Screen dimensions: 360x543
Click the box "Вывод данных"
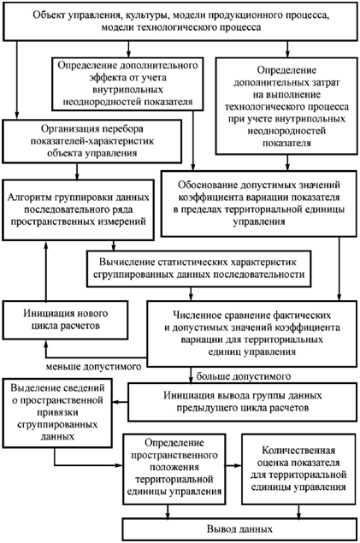[x=239, y=529]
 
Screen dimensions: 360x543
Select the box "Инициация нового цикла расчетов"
[x=66, y=320]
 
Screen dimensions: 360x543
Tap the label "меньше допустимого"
[x=93, y=367]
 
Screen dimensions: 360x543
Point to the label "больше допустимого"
[x=244, y=376]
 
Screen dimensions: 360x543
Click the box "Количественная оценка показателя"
[x=298, y=469]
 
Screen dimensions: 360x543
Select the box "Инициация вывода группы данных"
[x=243, y=402]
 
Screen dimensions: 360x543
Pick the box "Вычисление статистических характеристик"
[x=198, y=269]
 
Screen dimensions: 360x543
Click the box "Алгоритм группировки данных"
[x=78, y=210]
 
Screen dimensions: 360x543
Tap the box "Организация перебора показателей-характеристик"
[x=92, y=141]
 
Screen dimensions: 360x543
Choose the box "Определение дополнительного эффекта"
[x=127, y=84]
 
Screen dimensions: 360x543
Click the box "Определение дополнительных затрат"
[x=286, y=106]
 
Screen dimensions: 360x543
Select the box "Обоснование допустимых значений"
[x=259, y=204]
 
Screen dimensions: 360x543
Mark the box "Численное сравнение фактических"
[x=251, y=333]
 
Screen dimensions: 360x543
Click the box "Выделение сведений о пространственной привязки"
[x=57, y=413]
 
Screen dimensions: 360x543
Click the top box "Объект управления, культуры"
[x=180, y=21]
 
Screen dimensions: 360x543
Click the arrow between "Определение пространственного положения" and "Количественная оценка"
[x=233, y=465]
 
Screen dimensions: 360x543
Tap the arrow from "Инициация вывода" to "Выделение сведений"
[x=121, y=402]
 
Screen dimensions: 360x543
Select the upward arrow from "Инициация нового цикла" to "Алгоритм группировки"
[x=45, y=270]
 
